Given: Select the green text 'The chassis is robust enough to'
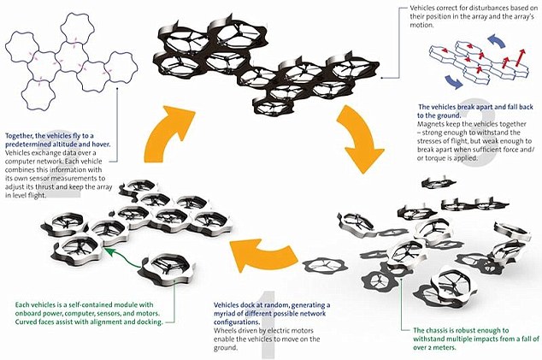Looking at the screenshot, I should pyautogui.click(x=462, y=329).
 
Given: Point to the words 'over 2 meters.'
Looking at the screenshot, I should pyautogui.click(x=433, y=347).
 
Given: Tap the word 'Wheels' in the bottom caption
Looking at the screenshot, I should pyautogui.click(x=227, y=328).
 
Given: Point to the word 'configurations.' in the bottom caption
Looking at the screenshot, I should pyautogui.click(x=239, y=320).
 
